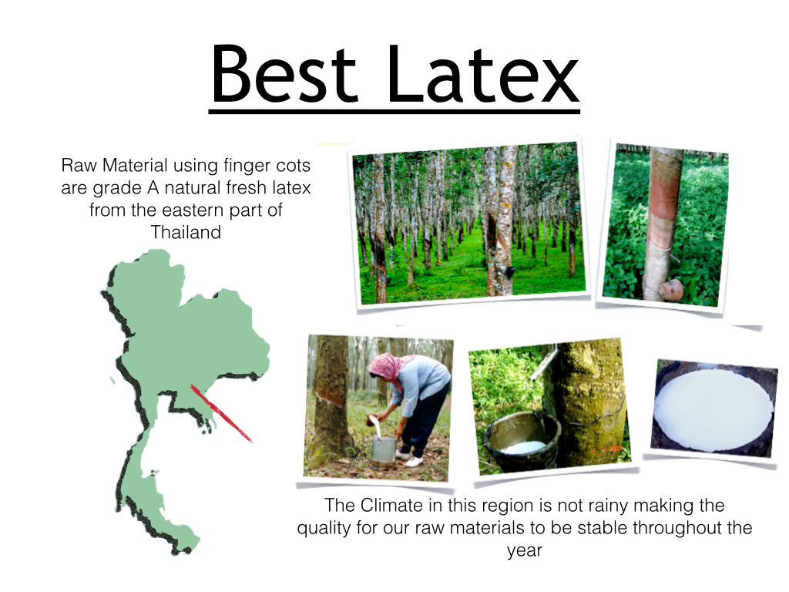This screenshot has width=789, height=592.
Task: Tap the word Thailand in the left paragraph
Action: click(186, 232)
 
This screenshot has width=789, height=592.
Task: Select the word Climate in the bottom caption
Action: click(391, 505)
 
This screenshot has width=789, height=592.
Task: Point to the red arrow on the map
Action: click(221, 413)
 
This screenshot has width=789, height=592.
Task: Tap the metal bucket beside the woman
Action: click(384, 449)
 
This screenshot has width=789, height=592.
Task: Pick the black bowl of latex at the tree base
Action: click(522, 439)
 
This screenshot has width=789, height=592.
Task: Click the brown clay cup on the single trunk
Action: click(671, 291)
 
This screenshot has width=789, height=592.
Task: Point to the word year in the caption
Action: click(524, 550)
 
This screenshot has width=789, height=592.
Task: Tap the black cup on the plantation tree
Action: click(509, 272)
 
